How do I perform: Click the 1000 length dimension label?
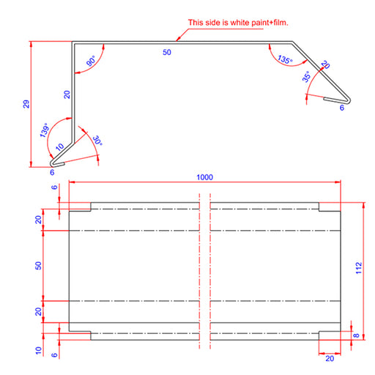[x=204, y=177]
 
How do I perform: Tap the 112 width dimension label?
[x=358, y=268]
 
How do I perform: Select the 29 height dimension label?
[x=26, y=104]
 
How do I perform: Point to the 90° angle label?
[x=91, y=61]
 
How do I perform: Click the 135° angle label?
[x=285, y=59]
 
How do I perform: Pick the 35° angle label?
[x=306, y=77]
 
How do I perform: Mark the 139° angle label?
[x=44, y=130]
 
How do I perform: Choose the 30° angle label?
[x=97, y=141]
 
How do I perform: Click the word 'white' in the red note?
[x=240, y=23]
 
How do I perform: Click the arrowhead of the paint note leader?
[x=179, y=39]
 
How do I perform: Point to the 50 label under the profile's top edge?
[x=167, y=52]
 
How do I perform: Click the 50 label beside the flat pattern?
[x=38, y=266]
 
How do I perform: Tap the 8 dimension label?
[x=357, y=335]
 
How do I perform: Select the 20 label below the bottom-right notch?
[x=330, y=358]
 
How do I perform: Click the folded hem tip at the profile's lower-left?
[x=52, y=163]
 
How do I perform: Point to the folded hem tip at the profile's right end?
[x=349, y=100]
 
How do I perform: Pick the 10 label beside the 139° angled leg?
[x=59, y=147]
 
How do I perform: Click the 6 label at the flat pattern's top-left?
[x=54, y=187]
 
